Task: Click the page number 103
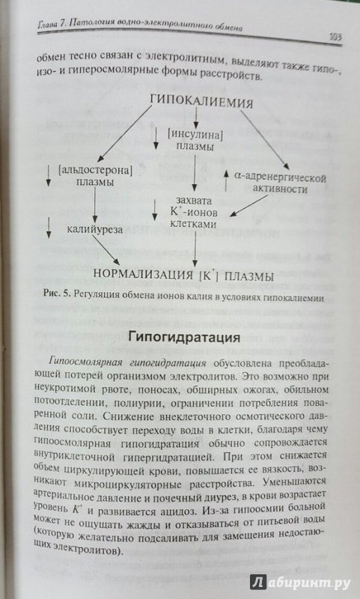point(335,37)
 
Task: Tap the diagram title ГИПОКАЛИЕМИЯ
point(201,102)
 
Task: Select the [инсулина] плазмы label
point(195,140)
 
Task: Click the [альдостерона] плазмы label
point(95,176)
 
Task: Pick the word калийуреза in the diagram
point(95,229)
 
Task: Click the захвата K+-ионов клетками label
point(194,213)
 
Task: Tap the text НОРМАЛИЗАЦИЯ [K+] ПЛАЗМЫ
point(183,276)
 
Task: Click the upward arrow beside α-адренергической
point(225,181)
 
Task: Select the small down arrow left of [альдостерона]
point(48,175)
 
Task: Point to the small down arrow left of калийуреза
point(48,228)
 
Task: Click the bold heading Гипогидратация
point(184,338)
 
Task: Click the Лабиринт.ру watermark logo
point(300,583)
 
